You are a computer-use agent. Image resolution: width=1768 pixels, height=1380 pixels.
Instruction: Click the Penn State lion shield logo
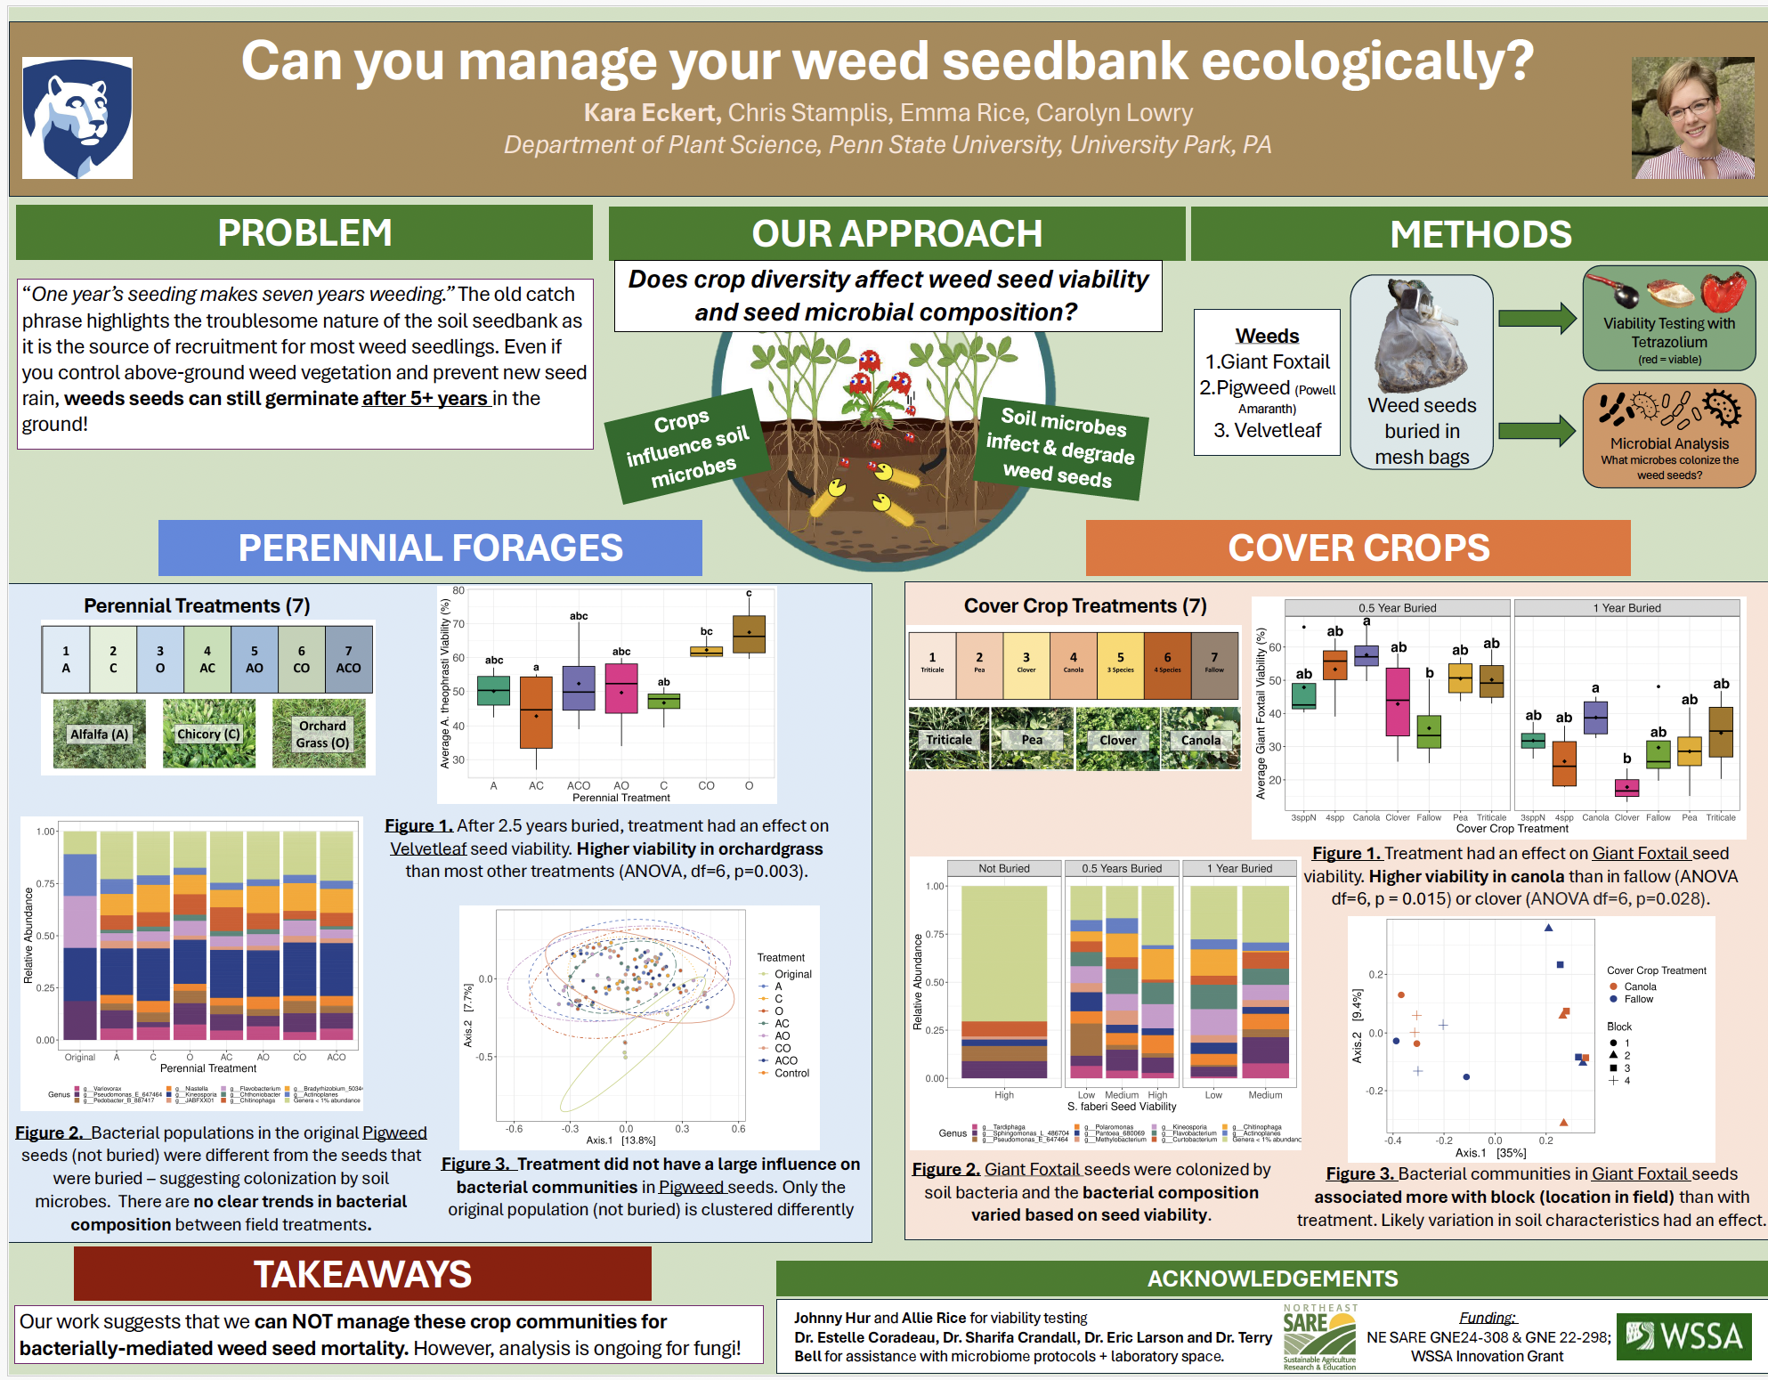click(77, 118)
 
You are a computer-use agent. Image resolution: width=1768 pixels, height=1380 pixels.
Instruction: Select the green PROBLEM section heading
click(304, 233)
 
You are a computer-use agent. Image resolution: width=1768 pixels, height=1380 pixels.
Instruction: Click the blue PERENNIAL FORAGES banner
click(430, 548)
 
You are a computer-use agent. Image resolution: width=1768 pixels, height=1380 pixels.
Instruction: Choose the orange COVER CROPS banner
click(1358, 548)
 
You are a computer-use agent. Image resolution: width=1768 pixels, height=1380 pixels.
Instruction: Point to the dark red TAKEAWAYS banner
click(362, 1274)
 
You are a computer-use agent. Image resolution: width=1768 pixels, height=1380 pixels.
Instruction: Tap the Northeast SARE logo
click(1320, 1336)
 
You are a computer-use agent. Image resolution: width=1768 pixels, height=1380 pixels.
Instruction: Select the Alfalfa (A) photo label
click(99, 734)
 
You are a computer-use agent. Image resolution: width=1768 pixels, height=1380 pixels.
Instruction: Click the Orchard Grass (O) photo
click(320, 734)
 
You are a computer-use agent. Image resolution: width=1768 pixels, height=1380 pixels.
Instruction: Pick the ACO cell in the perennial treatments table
click(348, 660)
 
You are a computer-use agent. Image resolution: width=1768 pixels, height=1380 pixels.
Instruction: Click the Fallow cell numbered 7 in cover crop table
click(1214, 664)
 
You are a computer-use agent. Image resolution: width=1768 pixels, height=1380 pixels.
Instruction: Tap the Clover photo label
click(1117, 740)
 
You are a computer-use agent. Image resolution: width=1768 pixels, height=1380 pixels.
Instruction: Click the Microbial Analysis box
click(1668, 435)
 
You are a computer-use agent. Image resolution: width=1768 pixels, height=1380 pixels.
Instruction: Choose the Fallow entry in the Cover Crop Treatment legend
click(1638, 999)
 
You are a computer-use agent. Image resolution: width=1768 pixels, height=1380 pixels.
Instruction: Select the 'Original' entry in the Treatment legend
click(792, 974)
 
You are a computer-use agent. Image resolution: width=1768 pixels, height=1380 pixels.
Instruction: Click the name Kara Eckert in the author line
click(651, 113)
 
